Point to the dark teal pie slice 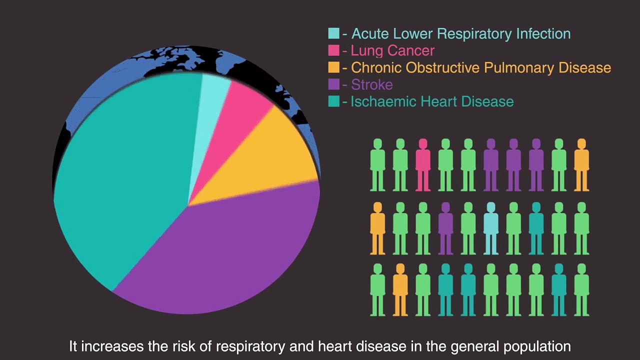pyautogui.click(x=125, y=175)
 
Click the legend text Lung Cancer pyautogui.click(x=392, y=50)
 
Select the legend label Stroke pyautogui.click(x=371, y=84)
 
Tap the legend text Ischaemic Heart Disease pyautogui.click(x=432, y=101)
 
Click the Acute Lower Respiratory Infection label pyautogui.click(x=461, y=33)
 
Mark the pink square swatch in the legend pyautogui.click(x=333, y=50)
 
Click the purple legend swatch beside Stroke pyautogui.click(x=333, y=84)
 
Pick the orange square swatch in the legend pyautogui.click(x=333, y=67)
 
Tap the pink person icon pyautogui.click(x=423, y=165)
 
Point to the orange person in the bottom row pyautogui.click(x=400, y=290)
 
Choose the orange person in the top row pyautogui.click(x=581, y=165)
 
